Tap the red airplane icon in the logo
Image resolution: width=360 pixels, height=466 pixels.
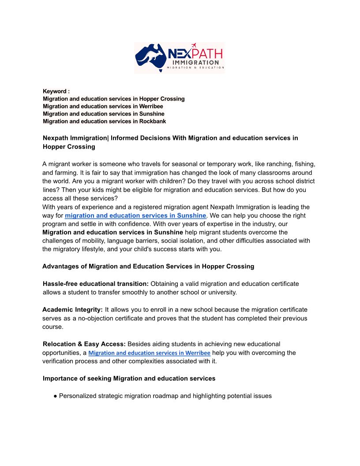coord(194,45)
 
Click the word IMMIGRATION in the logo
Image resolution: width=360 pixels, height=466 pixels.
coord(195,63)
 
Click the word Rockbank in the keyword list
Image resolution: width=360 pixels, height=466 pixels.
coord(153,121)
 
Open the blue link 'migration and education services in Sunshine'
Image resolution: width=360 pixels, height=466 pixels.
coord(135,216)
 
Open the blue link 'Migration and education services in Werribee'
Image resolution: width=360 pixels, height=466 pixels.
coord(150,353)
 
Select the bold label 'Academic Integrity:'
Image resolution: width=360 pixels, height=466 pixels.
coord(72,310)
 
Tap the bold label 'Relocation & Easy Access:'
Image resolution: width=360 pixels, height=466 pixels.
coord(84,344)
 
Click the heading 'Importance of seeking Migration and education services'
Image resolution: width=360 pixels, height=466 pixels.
coord(129,379)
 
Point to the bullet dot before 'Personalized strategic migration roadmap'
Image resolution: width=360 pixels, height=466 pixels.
coord(56,396)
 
